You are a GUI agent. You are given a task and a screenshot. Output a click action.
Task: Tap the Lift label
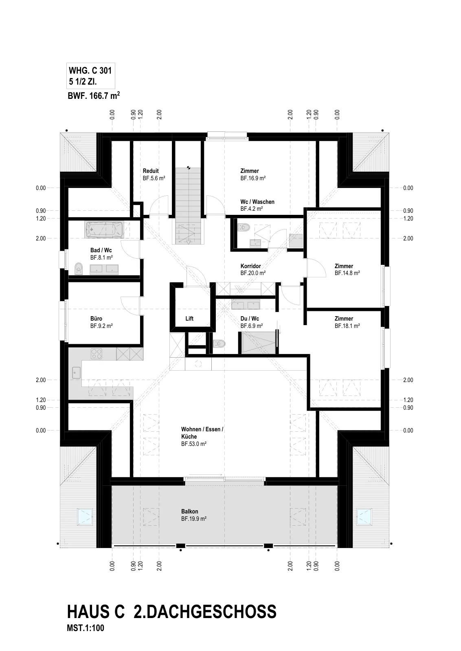189,319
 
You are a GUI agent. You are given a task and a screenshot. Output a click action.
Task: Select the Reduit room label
151,171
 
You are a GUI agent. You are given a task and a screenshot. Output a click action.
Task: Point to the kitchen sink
76,373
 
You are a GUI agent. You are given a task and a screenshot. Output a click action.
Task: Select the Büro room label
96,319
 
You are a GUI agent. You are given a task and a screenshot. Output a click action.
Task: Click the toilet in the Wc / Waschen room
244,227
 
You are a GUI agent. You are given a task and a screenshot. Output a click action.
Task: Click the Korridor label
251,266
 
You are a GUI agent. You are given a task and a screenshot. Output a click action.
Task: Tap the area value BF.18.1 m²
347,326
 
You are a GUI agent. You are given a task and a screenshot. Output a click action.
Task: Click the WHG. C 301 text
90,71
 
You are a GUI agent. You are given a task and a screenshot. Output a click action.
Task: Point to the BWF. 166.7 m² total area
94,96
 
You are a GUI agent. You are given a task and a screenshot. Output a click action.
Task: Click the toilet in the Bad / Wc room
79,269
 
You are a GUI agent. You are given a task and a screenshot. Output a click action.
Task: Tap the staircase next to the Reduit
188,206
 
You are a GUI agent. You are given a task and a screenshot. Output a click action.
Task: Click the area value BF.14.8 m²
347,273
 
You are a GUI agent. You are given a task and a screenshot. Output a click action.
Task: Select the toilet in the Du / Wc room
219,344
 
